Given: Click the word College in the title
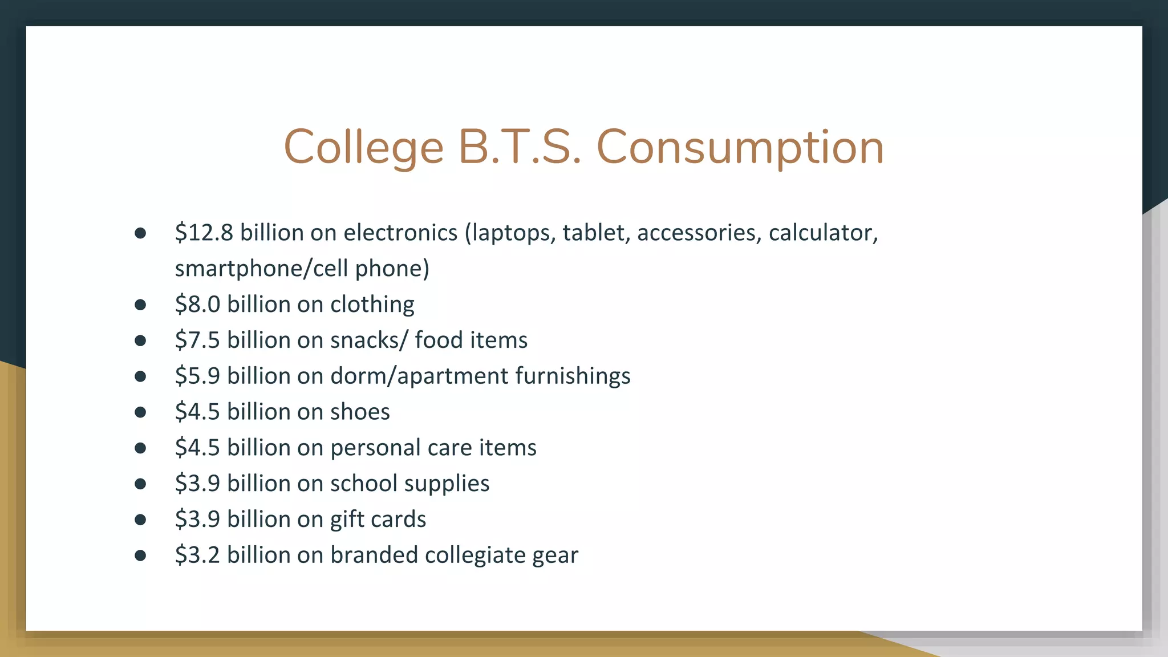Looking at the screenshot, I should tap(363, 147).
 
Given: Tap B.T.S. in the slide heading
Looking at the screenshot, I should tap(520, 147).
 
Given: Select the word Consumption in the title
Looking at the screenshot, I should tap(740, 147).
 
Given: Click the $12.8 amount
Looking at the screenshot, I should tap(204, 233).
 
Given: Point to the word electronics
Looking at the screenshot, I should tap(400, 233).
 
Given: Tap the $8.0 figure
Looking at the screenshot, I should tap(197, 305).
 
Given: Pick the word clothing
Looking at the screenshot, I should tap(372, 305).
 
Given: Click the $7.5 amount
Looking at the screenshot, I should tap(197, 340).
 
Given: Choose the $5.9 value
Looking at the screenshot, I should tap(197, 376).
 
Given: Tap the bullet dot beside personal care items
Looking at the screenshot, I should tap(140, 448).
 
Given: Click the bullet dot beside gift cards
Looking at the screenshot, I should tap(140, 520).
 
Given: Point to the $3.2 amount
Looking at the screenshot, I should tap(197, 555).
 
